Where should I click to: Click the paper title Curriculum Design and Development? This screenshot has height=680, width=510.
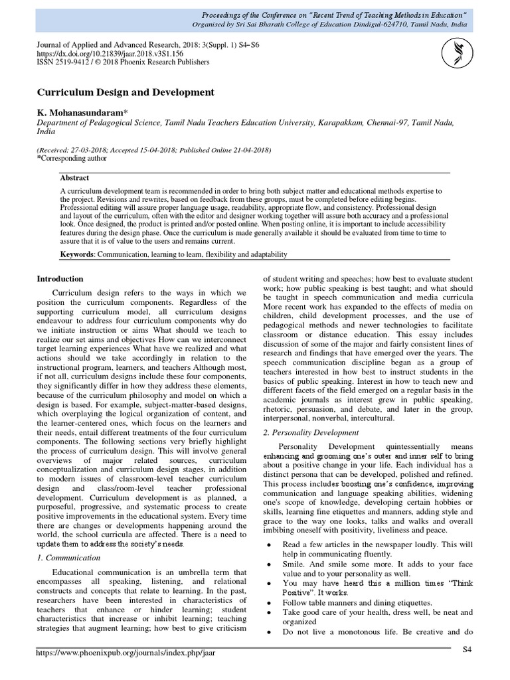126,92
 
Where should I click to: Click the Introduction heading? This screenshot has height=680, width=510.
60,279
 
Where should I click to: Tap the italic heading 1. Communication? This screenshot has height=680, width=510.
68,558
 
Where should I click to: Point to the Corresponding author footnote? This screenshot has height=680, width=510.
74,159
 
